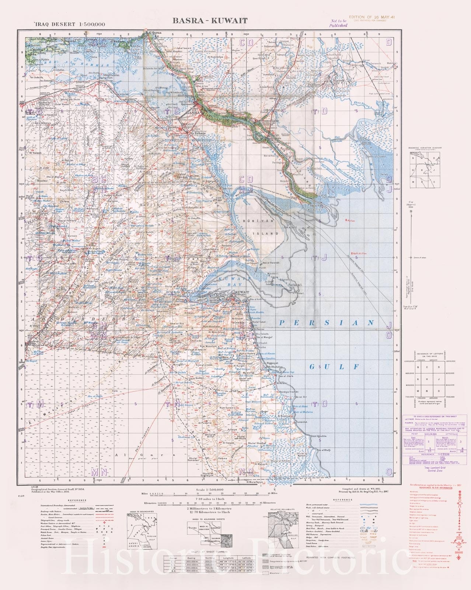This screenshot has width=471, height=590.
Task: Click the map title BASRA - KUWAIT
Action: click(210, 21)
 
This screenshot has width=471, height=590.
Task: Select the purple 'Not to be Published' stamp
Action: click(339, 24)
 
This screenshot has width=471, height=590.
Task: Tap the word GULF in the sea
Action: click(334, 367)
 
